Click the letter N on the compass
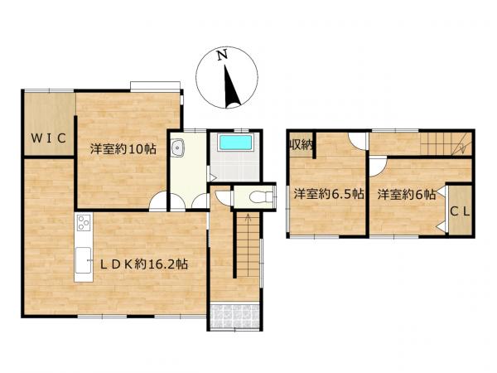coord(220,56)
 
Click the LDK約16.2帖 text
coord(143,264)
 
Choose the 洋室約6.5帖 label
coord(328,195)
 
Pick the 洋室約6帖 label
coord(407,195)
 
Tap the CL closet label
coord(461,211)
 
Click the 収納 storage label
coord(301,145)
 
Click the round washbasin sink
coord(177,149)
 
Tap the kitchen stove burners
coord(83,223)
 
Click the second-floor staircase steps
coord(444,145)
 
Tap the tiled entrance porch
coord(234,317)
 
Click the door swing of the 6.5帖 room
coord(356,141)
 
